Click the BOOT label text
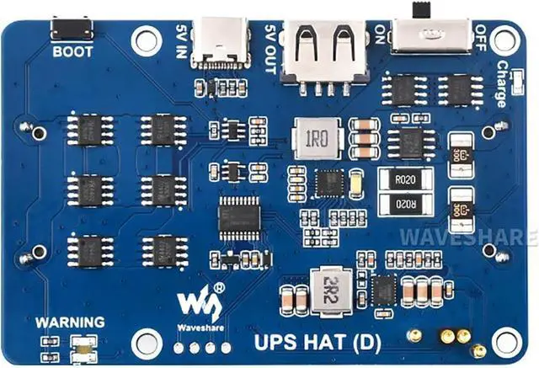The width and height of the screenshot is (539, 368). pos(73,51)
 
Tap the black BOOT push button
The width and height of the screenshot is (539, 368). pos(72,29)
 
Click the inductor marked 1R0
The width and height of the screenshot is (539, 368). pos(317,137)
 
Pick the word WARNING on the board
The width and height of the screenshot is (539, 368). pos(70,322)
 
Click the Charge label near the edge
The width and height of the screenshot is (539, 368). pos(502,85)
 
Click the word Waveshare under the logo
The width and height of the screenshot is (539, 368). pos(200,326)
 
